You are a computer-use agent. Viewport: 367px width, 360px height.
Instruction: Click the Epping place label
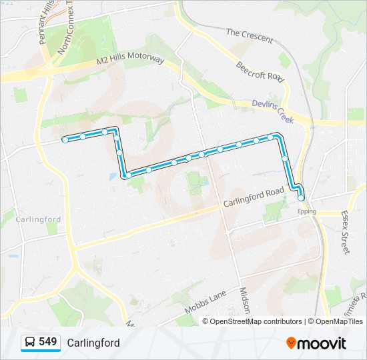point(306,211)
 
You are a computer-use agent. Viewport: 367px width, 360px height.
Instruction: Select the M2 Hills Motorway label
point(129,59)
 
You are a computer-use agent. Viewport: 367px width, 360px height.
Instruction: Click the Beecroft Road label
point(260,71)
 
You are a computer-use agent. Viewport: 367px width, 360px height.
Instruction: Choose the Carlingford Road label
point(253,197)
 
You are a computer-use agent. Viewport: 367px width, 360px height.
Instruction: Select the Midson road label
point(244,301)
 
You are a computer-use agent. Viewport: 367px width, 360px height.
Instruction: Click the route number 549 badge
point(47,342)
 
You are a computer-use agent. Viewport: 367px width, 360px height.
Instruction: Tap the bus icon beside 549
point(29,343)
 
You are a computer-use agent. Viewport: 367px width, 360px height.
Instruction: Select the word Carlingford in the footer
point(93,343)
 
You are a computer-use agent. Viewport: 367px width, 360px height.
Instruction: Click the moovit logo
point(316,343)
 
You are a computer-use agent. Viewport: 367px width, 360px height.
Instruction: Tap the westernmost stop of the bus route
point(65,139)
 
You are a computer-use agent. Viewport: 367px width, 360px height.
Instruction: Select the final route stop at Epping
point(301,197)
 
